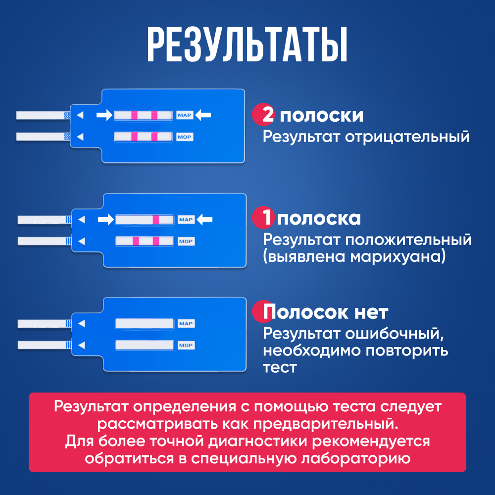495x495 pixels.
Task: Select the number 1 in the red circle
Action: click(x=266, y=218)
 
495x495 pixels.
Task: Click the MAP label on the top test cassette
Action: click(x=183, y=115)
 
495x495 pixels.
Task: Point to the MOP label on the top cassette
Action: click(x=185, y=137)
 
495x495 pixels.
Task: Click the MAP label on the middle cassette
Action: click(x=186, y=219)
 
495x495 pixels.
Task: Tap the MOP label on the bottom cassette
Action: click(x=186, y=345)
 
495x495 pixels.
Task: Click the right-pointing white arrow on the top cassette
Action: click(x=104, y=115)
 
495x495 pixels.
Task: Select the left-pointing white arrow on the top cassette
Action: click(x=203, y=115)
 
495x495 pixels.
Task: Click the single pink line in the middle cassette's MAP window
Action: click(x=156, y=219)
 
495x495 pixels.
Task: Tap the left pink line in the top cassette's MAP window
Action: click(x=134, y=115)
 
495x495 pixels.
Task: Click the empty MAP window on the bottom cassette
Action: click(x=145, y=324)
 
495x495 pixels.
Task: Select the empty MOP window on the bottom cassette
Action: click(x=145, y=345)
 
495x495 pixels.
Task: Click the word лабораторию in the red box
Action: click(x=356, y=459)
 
